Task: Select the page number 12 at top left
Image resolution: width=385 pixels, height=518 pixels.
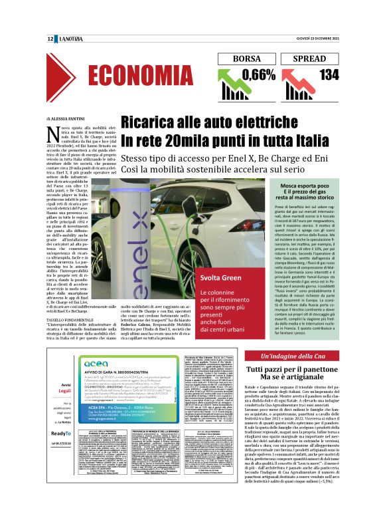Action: coord(50,40)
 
